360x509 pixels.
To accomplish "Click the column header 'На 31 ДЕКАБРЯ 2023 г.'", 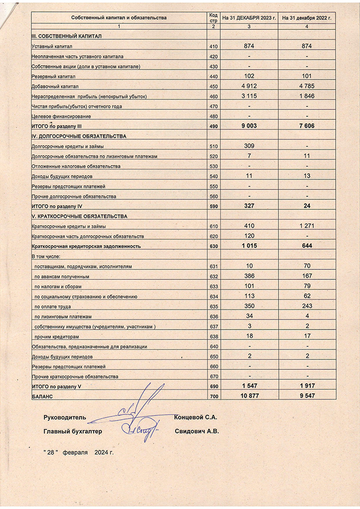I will click(249, 17).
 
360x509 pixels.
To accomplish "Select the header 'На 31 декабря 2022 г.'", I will click(307, 17).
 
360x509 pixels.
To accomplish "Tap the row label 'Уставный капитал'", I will click(49, 46).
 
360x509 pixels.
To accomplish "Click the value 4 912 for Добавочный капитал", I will click(249, 85).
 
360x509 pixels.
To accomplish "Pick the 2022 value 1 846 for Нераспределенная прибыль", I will click(307, 95).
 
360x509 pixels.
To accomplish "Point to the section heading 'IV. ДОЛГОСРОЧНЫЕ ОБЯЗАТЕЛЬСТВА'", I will click(79, 136).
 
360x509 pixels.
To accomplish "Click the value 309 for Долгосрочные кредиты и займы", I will click(249, 146).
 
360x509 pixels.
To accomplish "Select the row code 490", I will click(214, 126).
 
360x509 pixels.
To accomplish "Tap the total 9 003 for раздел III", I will click(249, 126).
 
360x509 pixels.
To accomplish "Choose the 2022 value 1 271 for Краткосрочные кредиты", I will click(307, 226).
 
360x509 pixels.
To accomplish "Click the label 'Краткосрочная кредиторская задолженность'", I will click(86, 246).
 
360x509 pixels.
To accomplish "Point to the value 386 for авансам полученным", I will click(249, 276).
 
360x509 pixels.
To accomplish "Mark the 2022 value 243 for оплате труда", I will click(307, 306).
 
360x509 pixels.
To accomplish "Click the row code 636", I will click(214, 317).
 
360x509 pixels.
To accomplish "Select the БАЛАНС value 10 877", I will click(249, 396).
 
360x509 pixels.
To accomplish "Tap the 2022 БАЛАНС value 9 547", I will click(307, 396).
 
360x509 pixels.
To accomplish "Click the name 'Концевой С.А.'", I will click(196, 417).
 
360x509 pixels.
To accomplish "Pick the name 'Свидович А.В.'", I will click(197, 431).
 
